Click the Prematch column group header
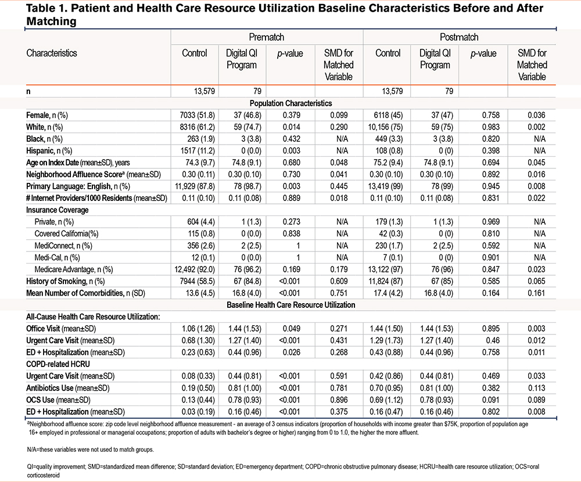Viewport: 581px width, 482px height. point(267,37)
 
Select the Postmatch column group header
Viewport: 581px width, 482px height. point(459,37)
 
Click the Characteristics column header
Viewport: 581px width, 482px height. point(52,53)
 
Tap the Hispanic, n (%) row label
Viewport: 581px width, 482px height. point(49,151)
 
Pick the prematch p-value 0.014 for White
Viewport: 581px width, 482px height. point(292,127)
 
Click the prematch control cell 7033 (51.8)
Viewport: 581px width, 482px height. point(197,115)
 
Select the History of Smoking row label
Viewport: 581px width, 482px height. point(65,281)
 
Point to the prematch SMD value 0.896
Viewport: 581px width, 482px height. point(339,400)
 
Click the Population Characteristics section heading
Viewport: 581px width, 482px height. point(291,103)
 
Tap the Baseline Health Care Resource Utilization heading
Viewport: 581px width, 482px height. point(291,305)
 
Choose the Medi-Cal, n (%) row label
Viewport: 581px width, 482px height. point(57,257)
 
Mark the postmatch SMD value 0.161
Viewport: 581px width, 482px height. point(536,293)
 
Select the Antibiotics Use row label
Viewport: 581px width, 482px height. point(68,388)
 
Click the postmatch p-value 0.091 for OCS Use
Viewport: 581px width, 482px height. point(490,400)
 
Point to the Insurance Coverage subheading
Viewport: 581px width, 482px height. point(58,210)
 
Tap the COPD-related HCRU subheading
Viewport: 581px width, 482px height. point(58,364)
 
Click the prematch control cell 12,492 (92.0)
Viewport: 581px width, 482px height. point(195,269)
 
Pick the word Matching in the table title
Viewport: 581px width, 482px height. point(51,21)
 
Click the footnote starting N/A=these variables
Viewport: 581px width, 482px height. point(91,449)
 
